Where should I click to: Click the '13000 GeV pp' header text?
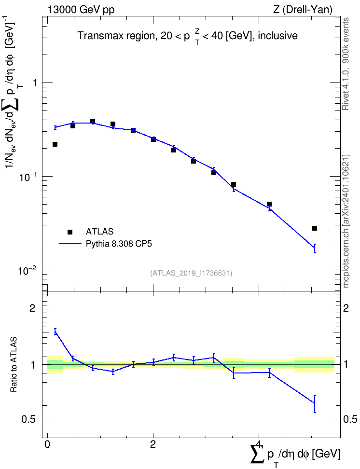(81, 10)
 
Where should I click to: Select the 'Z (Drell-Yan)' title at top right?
(303, 10)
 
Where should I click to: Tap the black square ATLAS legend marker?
(70, 232)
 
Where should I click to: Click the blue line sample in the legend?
(70, 244)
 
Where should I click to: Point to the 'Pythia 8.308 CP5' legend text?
(119, 244)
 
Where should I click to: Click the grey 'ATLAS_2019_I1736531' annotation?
(191, 273)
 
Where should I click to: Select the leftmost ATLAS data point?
(55, 144)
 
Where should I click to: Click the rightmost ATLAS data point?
(315, 228)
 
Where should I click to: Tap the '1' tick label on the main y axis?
(35, 83)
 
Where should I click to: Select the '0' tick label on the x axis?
(47, 444)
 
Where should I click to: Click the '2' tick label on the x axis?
(153, 444)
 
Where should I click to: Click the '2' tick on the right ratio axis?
(346, 308)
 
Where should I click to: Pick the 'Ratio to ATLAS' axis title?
(14, 365)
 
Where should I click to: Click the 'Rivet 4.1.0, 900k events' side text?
(346, 64)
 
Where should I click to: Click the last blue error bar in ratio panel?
(315, 404)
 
